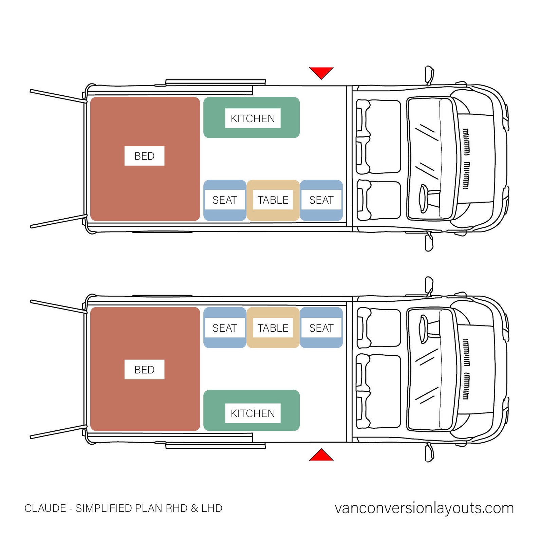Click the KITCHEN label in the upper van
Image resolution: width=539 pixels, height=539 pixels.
[x=253, y=118]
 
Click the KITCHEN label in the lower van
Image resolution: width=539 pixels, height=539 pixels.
[x=253, y=413]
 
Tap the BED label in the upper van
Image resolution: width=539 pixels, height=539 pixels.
[x=144, y=156]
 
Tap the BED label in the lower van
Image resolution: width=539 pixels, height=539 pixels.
[x=144, y=370]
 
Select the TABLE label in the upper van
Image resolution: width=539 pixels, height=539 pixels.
[x=273, y=200]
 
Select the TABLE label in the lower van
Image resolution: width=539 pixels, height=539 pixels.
[x=273, y=328]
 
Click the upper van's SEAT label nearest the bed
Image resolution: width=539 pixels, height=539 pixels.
[x=224, y=200]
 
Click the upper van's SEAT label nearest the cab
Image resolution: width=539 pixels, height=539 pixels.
[x=321, y=200]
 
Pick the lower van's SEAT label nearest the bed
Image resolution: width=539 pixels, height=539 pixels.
[x=224, y=328]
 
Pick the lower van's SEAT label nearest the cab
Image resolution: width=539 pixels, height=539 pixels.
[x=321, y=328]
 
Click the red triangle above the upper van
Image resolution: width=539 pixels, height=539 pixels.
[x=321, y=72]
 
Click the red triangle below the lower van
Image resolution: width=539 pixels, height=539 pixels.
[x=321, y=456]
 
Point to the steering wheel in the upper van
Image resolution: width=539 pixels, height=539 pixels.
[x=424, y=199]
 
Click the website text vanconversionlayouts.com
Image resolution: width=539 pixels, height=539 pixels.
[x=424, y=508]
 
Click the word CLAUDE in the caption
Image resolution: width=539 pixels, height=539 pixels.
[x=45, y=508]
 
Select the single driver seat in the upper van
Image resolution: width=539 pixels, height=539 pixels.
[x=379, y=200]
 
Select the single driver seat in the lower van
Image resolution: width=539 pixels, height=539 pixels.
[x=379, y=328]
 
